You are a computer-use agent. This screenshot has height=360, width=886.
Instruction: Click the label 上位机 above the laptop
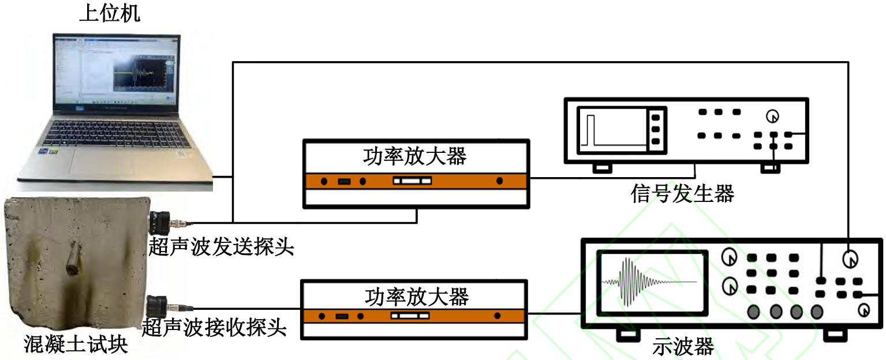(x=110, y=13)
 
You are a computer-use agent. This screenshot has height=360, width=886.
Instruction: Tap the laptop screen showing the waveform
(x=115, y=72)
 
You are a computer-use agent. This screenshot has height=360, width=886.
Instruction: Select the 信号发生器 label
(x=682, y=194)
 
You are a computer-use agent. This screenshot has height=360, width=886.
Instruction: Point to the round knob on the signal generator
(x=772, y=117)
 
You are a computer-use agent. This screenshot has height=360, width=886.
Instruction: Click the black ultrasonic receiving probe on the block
(x=158, y=305)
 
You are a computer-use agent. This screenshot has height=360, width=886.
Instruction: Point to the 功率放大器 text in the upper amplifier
(x=415, y=156)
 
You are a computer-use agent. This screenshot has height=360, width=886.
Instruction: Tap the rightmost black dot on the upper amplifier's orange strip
(x=499, y=181)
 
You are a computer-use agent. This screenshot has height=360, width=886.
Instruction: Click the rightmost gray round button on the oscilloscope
(x=816, y=312)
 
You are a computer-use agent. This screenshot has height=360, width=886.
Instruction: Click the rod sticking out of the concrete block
(x=74, y=259)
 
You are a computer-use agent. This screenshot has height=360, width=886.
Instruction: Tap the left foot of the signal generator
(x=603, y=168)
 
